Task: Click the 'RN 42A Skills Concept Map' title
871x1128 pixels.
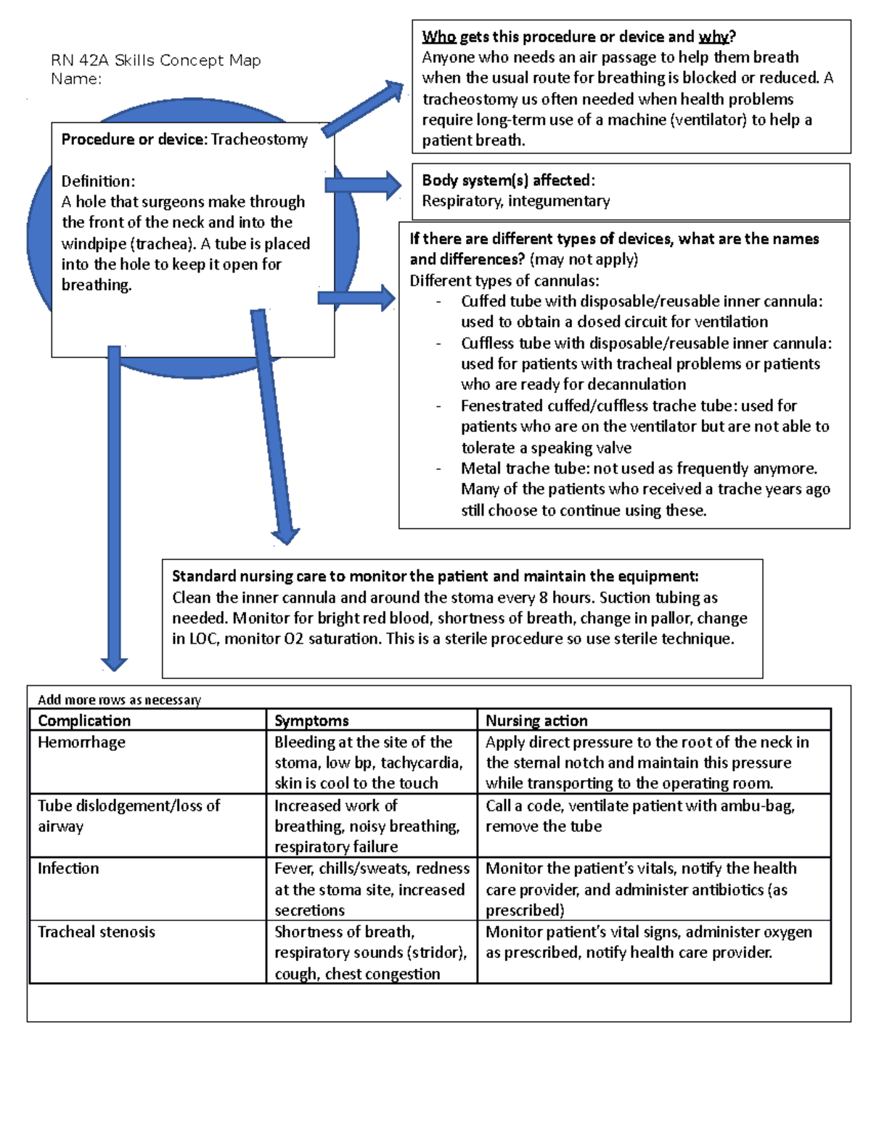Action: pos(155,60)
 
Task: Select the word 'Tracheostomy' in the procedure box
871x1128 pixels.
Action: pos(259,139)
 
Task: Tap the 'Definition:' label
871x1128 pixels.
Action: pos(98,181)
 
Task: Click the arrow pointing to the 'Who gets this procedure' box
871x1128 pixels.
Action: pos(364,109)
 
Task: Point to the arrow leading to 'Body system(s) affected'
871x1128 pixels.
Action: pos(364,185)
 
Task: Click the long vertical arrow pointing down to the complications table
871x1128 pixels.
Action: pos(114,508)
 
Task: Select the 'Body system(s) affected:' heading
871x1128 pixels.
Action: pos(508,180)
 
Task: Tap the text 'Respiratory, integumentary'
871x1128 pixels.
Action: pos(515,201)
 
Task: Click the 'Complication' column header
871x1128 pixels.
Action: pos(84,721)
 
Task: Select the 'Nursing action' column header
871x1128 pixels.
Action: pos(536,721)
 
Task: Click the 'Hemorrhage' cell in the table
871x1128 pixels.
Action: pos(81,742)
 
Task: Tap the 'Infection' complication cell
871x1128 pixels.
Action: pos(68,869)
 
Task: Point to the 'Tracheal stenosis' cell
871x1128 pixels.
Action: pos(97,932)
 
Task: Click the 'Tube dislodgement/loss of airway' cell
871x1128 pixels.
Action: pos(128,816)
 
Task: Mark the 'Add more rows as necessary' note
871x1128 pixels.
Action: pos(119,700)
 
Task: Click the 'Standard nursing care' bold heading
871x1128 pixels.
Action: pos(435,577)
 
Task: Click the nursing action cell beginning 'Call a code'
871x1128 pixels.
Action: pos(639,816)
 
